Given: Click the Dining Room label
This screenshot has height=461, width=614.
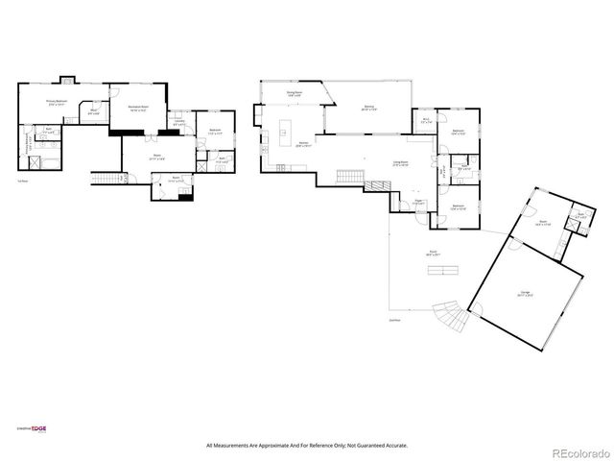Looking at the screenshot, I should pyautogui.click(x=294, y=94).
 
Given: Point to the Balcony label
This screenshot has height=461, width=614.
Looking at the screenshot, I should pyautogui.click(x=368, y=108).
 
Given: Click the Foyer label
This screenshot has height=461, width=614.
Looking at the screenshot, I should pyautogui.click(x=419, y=203).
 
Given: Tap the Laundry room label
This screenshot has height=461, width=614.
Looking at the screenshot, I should pyautogui.click(x=179, y=123).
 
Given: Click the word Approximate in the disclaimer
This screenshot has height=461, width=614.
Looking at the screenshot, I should pyautogui.click(x=277, y=446).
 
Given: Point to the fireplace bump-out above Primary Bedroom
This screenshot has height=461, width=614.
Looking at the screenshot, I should pyautogui.click(x=67, y=80).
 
